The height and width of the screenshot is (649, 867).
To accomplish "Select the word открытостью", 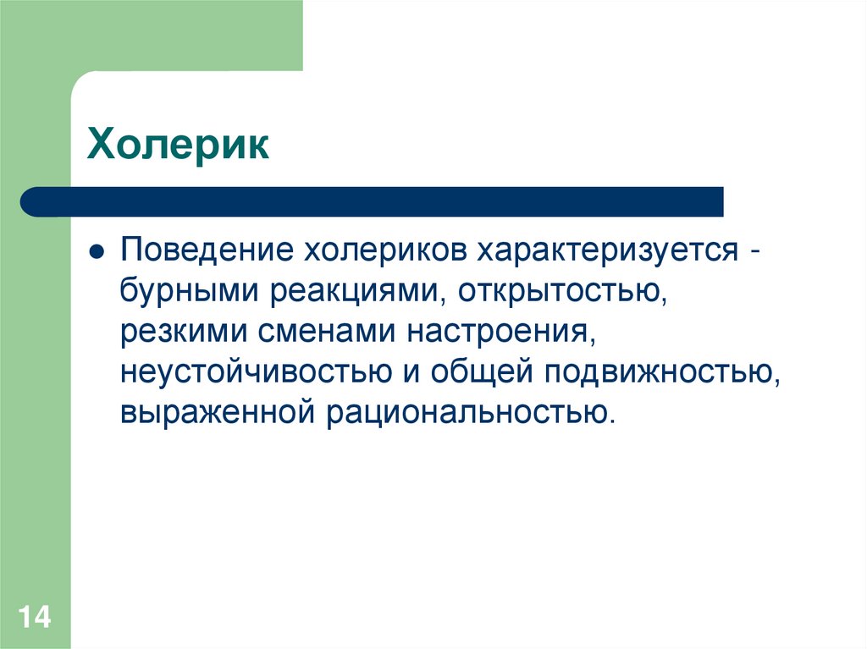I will (559, 292).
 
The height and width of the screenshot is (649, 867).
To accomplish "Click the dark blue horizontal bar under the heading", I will (373, 201).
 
